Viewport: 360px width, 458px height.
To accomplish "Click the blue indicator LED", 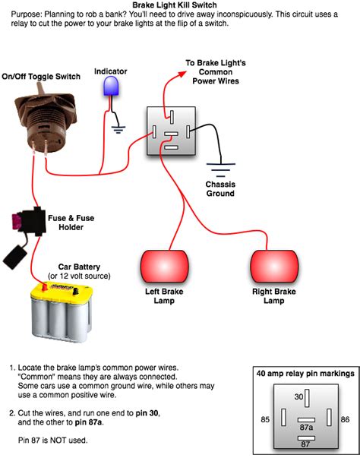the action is coord(111,86).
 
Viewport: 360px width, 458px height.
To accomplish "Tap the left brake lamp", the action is coord(164,266).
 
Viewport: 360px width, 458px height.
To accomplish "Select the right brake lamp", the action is coord(274,266).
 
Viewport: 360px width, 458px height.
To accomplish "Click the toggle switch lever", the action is coord(39,88).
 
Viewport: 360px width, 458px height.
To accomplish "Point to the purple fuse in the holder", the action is coord(14,221).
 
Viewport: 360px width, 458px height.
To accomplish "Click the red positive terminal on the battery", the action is coord(45,286).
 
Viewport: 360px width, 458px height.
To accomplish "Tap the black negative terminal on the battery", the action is coord(75,291).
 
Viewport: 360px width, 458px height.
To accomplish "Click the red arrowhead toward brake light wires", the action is coord(182,74).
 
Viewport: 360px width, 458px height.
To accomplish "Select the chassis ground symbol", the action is coord(221,170).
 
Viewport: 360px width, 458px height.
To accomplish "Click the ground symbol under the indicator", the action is coord(118,129).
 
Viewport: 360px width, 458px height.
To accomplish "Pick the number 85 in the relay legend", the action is coord(265,419).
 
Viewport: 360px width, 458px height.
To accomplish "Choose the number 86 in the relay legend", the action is coord(345,419).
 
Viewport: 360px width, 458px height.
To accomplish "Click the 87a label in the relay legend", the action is coord(306,428).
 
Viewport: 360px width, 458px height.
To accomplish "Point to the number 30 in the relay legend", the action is coord(298,396).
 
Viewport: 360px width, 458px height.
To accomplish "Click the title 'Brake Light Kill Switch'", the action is coord(175,5).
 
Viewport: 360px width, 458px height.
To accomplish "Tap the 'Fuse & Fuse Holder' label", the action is coord(71,223).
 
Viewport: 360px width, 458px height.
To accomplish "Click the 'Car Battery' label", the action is coord(79,267).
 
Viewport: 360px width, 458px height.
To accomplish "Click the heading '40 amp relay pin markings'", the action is coord(305,374).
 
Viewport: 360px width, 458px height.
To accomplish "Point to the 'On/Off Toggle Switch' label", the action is coord(41,77).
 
